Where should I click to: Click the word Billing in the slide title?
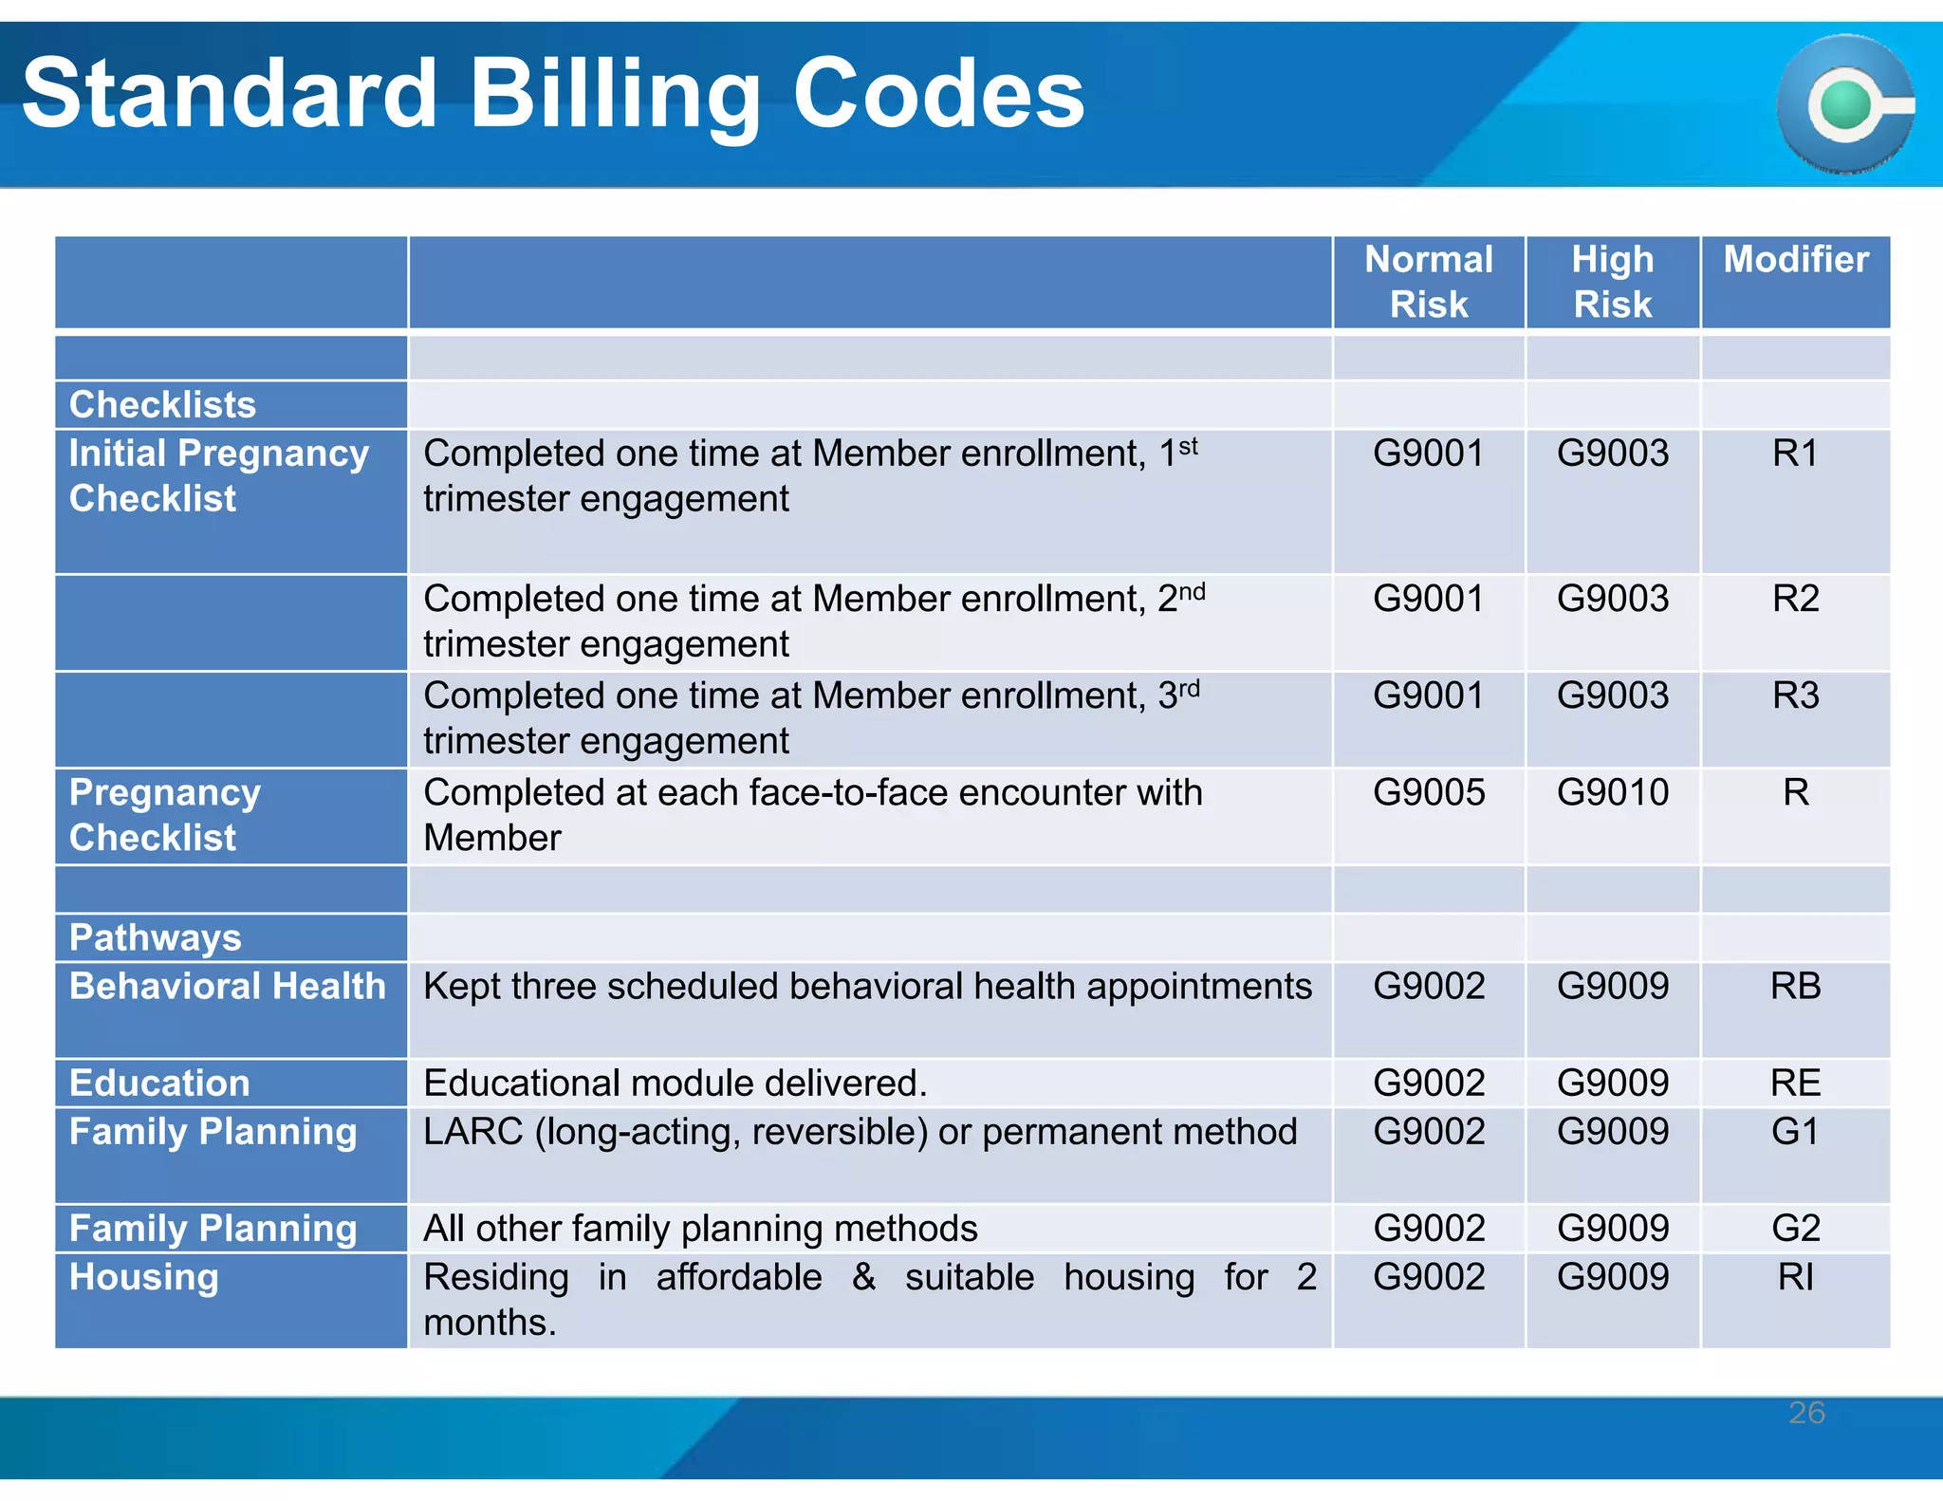tap(615, 95)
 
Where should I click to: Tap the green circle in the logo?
tap(1844, 104)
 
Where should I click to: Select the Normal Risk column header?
tap(1428, 282)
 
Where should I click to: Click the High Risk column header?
tap(1612, 282)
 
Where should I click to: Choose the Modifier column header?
tap(1795, 260)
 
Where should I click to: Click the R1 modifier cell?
tap(1795, 454)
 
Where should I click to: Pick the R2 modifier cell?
tap(1795, 599)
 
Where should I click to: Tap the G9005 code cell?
tap(1428, 792)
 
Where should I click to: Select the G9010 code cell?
tap(1612, 792)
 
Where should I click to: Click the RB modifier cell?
tap(1795, 986)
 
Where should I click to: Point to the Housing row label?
tap(144, 1277)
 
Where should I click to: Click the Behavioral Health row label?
tap(228, 986)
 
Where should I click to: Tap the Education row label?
tap(159, 1083)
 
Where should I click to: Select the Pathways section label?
tap(156, 937)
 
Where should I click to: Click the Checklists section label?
tap(162, 405)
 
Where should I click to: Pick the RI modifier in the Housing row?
tap(1795, 1277)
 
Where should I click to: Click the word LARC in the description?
tap(473, 1132)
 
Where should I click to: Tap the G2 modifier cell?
tap(1795, 1229)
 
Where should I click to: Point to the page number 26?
tap(1806, 1413)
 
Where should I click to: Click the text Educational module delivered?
tap(675, 1083)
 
